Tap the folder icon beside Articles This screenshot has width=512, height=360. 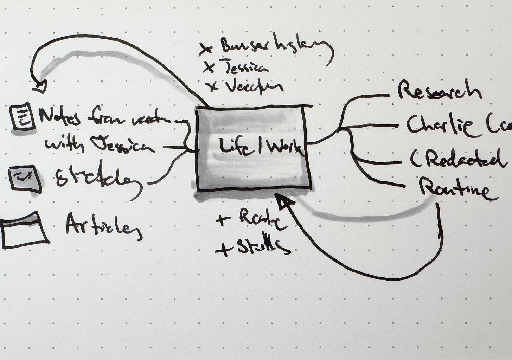tap(25, 230)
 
